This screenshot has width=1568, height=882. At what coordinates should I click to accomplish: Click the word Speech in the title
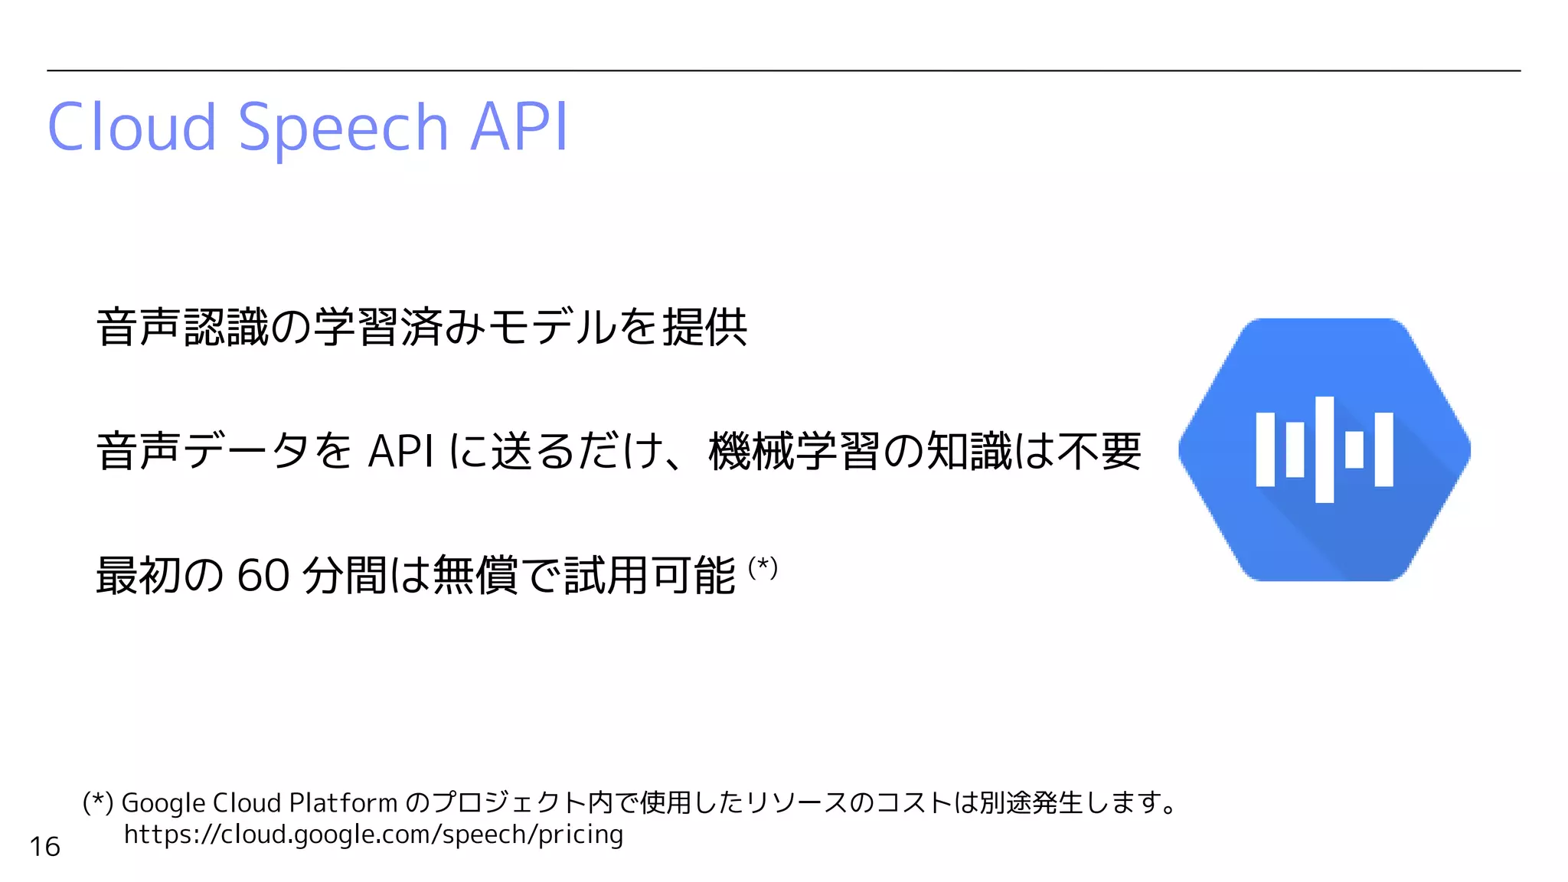click(343, 128)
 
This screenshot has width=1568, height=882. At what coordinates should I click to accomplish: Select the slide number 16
click(44, 846)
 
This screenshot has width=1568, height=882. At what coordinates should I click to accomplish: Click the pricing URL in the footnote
click(374, 834)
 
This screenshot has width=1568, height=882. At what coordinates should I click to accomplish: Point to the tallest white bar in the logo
click(1325, 449)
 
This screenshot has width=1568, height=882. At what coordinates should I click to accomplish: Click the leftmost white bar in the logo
click(1266, 449)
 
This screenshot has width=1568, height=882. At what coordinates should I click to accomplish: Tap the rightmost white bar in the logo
click(1383, 449)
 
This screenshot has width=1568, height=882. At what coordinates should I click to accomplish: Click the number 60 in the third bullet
click(263, 575)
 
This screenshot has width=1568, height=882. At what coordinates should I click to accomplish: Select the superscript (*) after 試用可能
click(763, 567)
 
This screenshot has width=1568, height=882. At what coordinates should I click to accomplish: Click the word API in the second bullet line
click(400, 451)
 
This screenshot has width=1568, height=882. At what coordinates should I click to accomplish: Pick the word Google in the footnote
click(163, 802)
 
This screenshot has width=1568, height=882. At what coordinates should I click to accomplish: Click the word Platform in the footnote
click(344, 802)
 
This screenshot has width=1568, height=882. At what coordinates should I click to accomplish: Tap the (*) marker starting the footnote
click(98, 802)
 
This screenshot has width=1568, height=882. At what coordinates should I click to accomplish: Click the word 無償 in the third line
click(475, 575)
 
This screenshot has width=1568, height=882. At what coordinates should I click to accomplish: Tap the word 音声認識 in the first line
click(183, 327)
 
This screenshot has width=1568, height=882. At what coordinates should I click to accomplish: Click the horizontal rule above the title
click(783, 70)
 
